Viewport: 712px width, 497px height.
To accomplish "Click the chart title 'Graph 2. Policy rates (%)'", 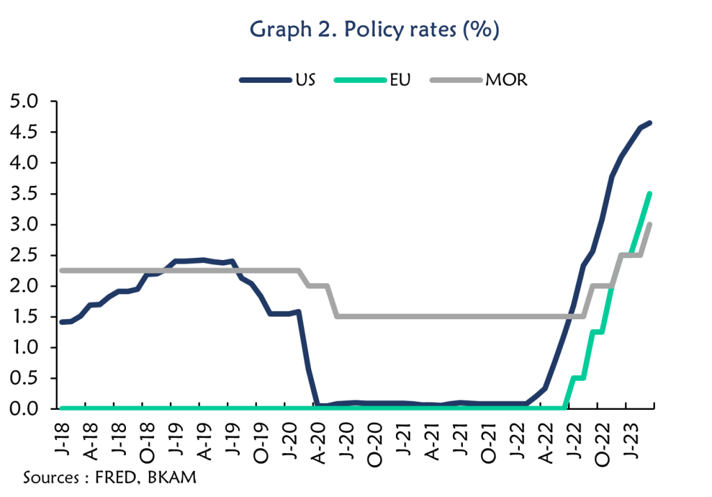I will (374, 31).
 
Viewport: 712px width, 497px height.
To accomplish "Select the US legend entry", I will (304, 79).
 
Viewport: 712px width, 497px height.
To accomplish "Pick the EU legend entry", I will (400, 79).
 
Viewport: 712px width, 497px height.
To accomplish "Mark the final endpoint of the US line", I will (649, 123).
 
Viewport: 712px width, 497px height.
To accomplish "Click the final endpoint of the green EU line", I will (649, 194).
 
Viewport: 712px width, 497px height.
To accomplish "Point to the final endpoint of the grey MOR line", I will (649, 224).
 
